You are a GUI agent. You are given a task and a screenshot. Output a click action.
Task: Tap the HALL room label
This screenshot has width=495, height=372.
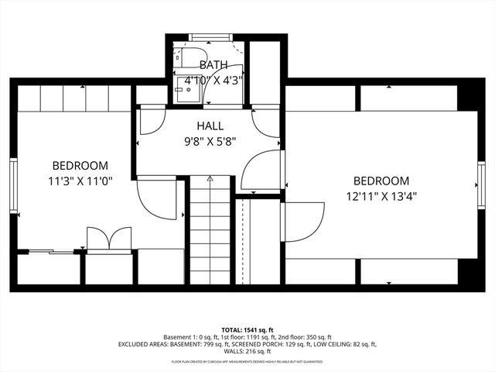210,126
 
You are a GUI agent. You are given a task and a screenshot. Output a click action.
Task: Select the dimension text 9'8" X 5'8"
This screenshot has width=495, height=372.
210,141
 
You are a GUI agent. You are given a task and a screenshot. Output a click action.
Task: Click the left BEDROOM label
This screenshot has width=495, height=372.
80,165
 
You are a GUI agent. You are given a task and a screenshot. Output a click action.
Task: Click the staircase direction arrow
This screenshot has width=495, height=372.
210,179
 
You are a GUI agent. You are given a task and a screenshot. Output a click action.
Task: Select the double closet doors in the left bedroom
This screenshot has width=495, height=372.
108,239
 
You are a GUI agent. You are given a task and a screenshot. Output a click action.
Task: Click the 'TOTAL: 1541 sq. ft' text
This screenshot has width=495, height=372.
247,329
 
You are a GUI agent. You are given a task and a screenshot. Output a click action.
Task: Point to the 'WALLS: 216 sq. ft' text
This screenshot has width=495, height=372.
247,351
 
